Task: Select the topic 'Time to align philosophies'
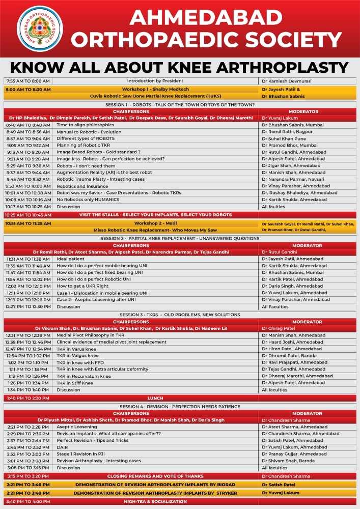[x=85, y=125]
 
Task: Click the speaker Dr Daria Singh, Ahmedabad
[x=292, y=286]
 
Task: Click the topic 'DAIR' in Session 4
[x=63, y=447]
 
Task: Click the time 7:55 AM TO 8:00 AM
[x=27, y=81]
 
